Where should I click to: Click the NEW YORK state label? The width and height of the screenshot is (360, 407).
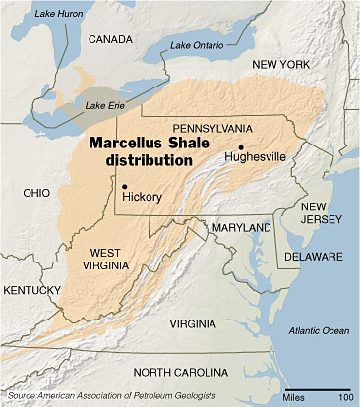(285, 64)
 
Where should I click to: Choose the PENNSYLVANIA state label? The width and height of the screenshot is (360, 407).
(211, 129)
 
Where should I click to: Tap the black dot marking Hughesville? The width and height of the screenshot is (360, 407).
(241, 146)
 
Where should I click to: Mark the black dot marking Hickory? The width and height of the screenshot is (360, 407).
(125, 184)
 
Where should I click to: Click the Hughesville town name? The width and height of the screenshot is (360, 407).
(257, 156)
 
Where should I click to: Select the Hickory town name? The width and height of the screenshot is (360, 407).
(142, 195)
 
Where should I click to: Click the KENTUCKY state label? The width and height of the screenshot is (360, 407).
(30, 292)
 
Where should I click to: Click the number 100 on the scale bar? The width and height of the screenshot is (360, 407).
(345, 397)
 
